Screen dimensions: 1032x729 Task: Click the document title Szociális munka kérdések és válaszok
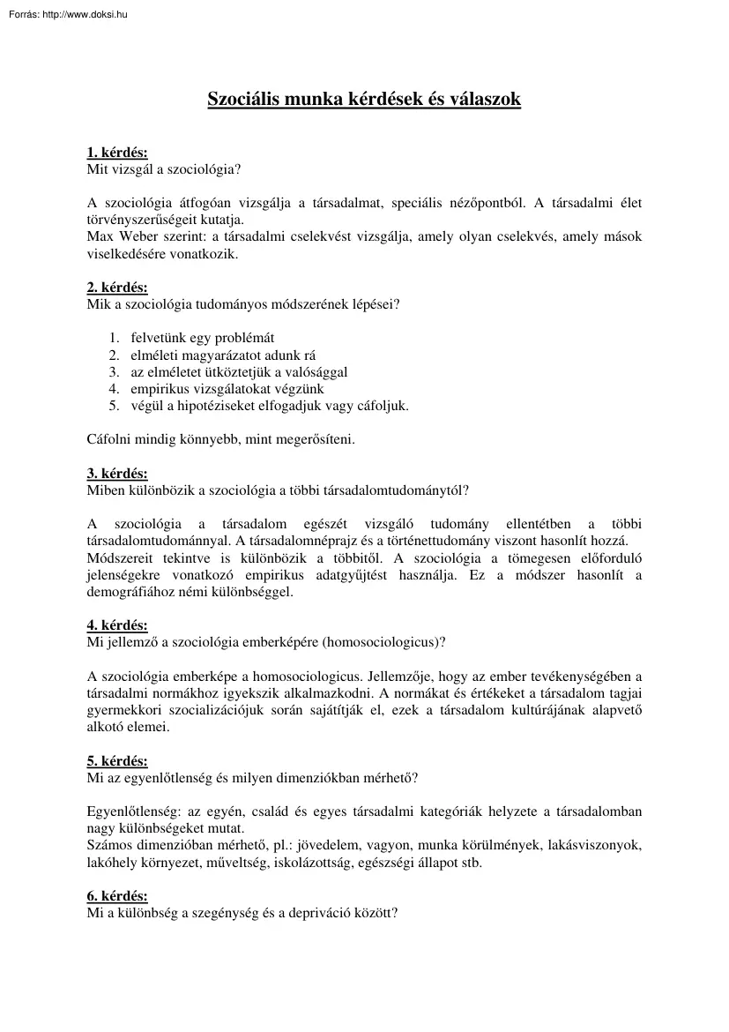[364, 100]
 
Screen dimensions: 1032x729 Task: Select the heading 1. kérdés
[117, 152]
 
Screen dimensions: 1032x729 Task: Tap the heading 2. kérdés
[117, 288]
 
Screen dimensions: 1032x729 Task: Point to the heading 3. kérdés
[117, 473]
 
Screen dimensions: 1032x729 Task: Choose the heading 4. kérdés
[117, 624]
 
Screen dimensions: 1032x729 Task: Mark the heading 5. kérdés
[117, 760]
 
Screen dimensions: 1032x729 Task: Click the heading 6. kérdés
[117, 896]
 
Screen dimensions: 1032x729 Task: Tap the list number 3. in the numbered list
[114, 371]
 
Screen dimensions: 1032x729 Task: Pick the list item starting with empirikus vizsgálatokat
[227, 388]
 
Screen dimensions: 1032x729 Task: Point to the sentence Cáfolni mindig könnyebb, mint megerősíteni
[221, 438]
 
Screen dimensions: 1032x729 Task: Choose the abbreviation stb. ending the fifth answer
[472, 864]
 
